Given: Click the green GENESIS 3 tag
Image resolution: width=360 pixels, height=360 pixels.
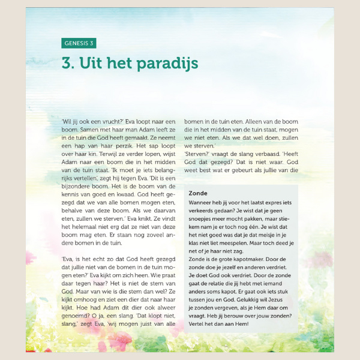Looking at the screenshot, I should (x=79, y=43).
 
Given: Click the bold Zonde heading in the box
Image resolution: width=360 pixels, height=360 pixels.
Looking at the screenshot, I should (x=198, y=193).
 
